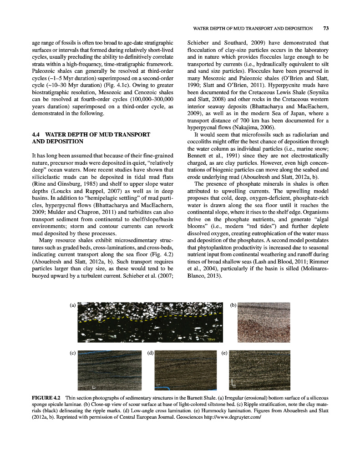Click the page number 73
(x=325, y=28)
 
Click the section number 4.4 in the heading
(x=37, y=135)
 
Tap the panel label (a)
(x=73, y=305)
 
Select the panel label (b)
(x=233, y=305)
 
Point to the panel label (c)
(x=73, y=353)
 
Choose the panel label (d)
(x=151, y=353)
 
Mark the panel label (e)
(x=224, y=353)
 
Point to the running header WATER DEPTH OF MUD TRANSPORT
(x=253, y=28)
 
